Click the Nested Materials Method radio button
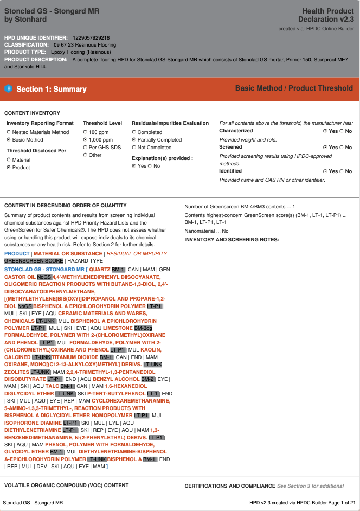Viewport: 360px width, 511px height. point(9,132)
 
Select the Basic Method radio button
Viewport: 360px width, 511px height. point(9,140)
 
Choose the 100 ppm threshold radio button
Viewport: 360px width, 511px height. point(85,132)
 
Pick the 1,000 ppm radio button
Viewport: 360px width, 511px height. point(85,140)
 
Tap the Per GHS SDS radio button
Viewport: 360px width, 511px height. point(85,148)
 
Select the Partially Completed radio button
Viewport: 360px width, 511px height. point(134,140)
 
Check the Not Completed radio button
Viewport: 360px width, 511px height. point(134,148)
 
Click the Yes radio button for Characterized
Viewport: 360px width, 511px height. point(325,131)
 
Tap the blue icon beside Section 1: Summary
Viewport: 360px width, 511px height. point(8,88)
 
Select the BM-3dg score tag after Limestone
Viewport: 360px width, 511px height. point(143,328)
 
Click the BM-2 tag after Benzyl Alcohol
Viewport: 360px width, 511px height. point(147,379)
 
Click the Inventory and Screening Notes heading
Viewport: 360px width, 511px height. point(232,239)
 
